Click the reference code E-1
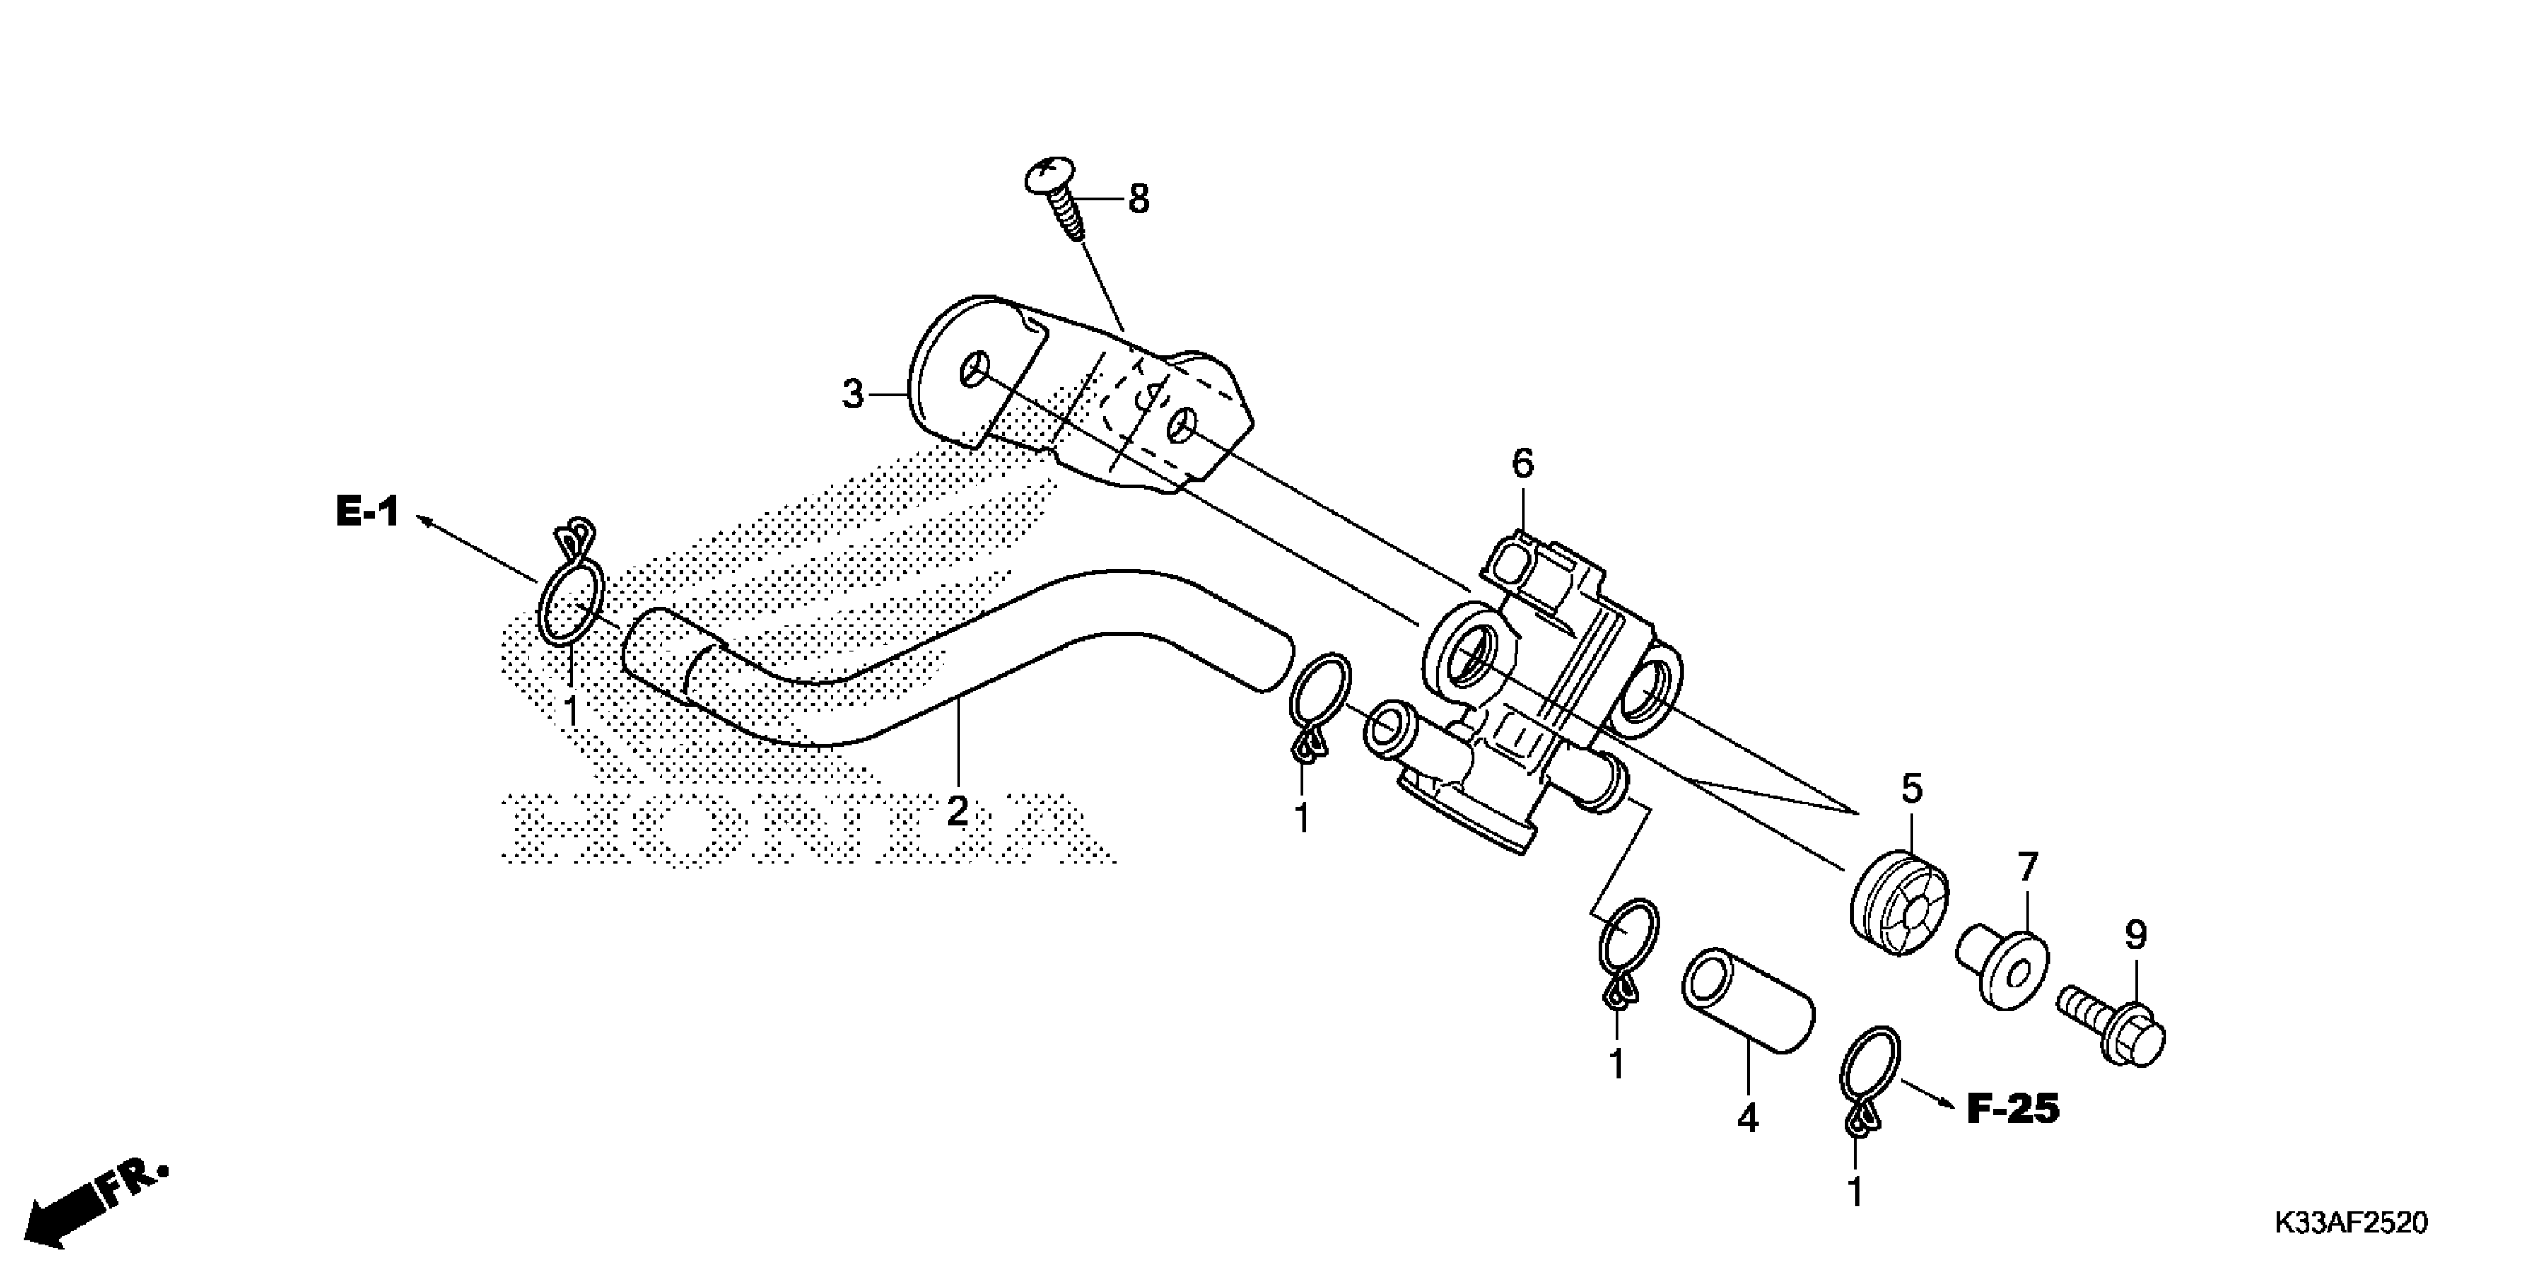click(367, 512)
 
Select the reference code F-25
click(2013, 1109)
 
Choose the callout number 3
click(853, 395)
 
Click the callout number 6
click(1521, 464)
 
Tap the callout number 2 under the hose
click(957, 810)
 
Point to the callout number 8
click(1138, 199)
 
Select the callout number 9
click(2135, 935)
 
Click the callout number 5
click(1911, 787)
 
